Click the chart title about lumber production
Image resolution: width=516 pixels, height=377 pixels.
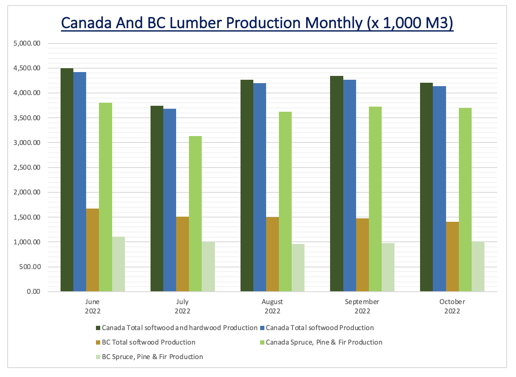tap(257, 23)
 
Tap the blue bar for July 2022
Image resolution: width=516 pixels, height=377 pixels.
tap(170, 200)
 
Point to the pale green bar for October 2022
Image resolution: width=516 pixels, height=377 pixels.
tap(478, 267)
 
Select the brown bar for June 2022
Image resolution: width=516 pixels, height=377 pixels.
tap(93, 250)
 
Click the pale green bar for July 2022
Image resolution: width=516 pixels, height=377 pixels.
tap(208, 267)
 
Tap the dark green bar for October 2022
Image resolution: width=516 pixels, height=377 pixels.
tap(426, 187)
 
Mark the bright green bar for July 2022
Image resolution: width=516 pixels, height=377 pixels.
tap(195, 214)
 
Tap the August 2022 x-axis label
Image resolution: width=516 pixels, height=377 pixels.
tap(272, 306)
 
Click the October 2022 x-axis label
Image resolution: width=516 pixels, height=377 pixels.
tap(452, 306)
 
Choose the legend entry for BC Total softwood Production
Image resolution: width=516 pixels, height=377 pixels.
tap(148, 342)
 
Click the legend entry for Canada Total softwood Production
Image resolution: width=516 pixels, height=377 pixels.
tap(319, 328)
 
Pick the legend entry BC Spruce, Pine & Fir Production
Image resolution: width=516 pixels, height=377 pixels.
tap(152, 357)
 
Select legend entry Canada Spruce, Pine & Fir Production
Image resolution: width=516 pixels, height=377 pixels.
tap(324, 342)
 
